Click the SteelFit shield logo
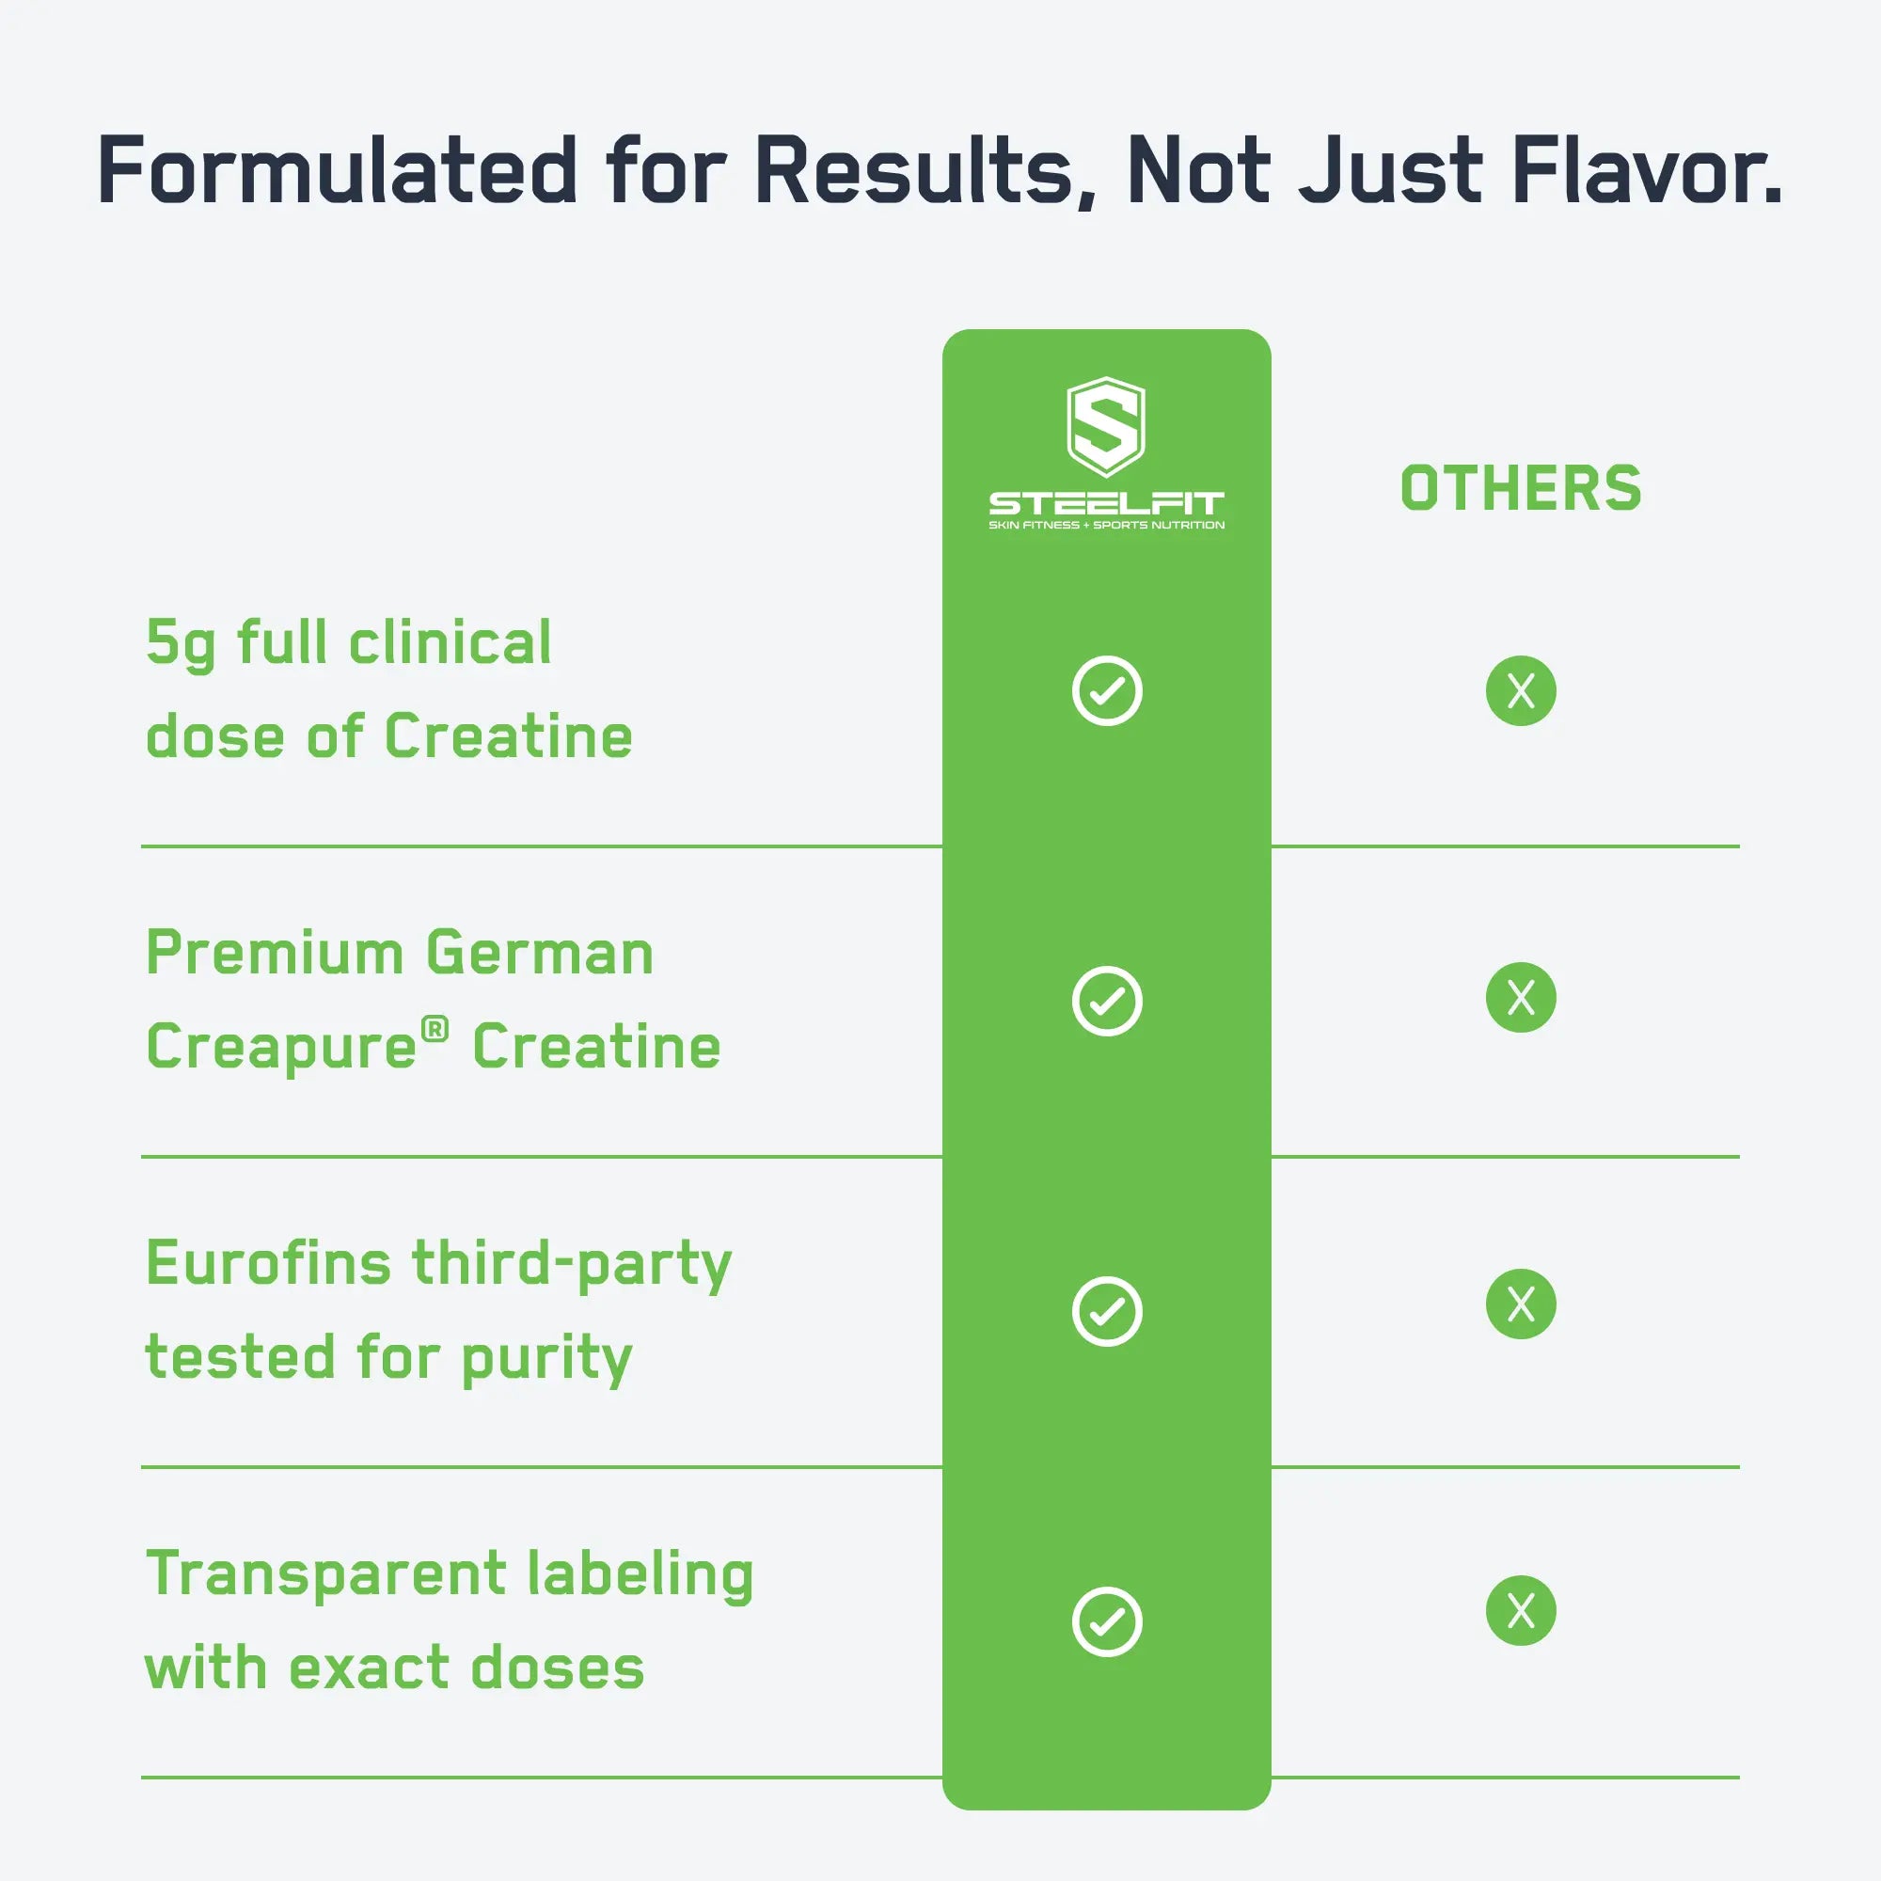tap(1106, 426)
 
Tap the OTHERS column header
tap(1521, 489)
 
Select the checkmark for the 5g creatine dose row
tap(1107, 691)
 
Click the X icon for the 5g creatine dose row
tap(1521, 691)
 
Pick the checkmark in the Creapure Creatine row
tap(1107, 1001)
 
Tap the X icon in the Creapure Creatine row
tap(1521, 997)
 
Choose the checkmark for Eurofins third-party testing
tap(1107, 1311)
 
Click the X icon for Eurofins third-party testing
tap(1521, 1304)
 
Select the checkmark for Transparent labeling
tap(1107, 1622)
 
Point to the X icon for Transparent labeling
tap(1521, 1610)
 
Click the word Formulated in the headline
tap(337, 170)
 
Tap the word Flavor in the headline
tap(1645, 170)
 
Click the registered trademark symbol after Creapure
tap(435, 1028)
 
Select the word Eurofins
tap(269, 1264)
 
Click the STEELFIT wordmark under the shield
tap(1106, 503)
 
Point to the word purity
tap(546, 1359)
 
